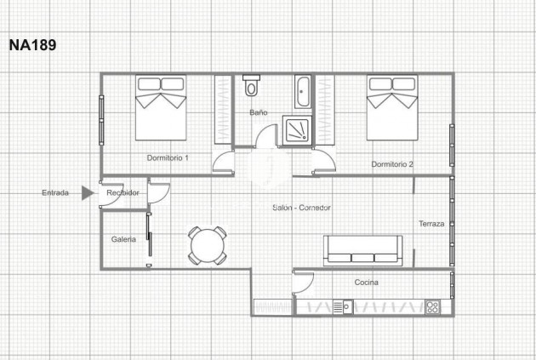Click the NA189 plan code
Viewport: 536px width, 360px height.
coord(32,45)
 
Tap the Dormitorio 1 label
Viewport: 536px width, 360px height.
coord(168,157)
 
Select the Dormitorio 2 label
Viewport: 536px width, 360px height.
coord(392,163)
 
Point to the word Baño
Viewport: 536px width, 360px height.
coord(259,112)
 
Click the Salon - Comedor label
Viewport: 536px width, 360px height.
coord(301,208)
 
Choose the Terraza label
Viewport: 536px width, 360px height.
coord(431,224)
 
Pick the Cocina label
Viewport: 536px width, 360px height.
coord(367,283)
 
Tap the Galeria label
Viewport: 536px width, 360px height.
coord(123,239)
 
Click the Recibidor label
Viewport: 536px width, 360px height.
coord(123,193)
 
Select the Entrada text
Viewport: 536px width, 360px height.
coord(56,193)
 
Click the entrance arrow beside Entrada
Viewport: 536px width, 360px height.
coord(87,193)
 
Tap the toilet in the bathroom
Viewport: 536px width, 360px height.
coord(251,87)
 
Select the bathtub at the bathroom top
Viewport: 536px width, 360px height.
coord(304,87)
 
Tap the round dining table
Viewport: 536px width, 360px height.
coord(208,247)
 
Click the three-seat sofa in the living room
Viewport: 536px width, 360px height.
coord(363,249)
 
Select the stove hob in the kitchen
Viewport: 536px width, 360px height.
coord(432,307)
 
